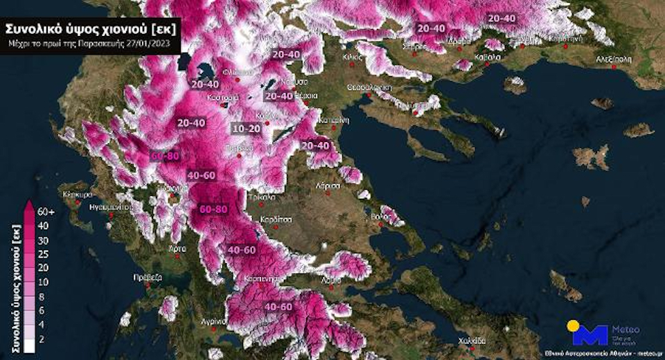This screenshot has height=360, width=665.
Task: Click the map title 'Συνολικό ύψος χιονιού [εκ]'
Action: (90, 29)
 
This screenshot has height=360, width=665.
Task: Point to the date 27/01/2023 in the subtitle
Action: (151, 44)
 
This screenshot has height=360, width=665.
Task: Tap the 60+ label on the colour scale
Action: (46, 212)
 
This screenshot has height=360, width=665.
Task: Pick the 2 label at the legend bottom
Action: (42, 339)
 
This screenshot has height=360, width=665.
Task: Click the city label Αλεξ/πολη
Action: (614, 60)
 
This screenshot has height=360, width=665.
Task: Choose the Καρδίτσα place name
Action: (275, 219)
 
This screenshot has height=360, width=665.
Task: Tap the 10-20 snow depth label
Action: (247, 129)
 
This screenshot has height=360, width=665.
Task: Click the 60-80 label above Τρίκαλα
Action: (213, 208)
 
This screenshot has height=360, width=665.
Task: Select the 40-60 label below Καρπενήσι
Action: (278, 306)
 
